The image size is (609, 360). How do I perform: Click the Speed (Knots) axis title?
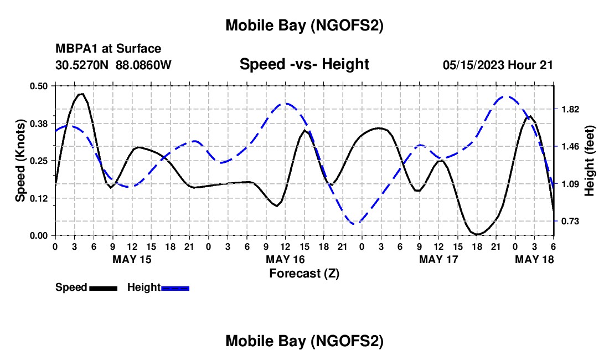20,161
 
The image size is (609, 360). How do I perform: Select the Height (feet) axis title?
589,161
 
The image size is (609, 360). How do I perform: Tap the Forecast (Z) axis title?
304,273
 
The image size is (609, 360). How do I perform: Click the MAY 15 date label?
132,259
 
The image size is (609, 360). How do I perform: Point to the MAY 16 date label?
285,259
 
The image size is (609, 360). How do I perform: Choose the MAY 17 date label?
438,259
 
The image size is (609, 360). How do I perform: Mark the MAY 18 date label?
535,259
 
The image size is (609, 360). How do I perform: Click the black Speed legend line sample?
103,287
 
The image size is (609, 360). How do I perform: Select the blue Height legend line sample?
175,287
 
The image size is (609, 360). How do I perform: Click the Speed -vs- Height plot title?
304,64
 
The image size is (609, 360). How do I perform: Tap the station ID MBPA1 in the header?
75,49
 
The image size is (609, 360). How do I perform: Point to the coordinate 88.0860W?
143,65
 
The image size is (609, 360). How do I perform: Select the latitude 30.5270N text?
82,65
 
